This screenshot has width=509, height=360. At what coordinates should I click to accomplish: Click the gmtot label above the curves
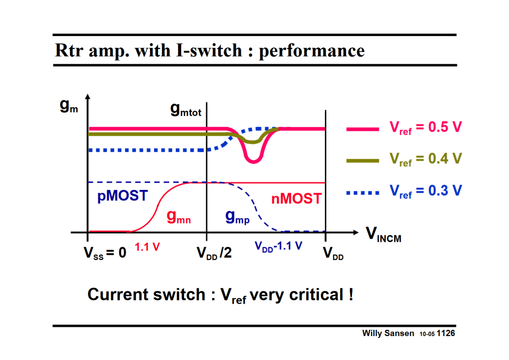tap(186, 110)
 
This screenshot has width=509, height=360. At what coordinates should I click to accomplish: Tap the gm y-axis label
tap(69, 107)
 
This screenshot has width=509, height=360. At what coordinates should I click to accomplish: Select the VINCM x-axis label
tap(383, 235)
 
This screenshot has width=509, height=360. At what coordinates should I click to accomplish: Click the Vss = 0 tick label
tap(105, 253)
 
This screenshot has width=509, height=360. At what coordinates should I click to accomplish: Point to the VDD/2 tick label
tap(214, 253)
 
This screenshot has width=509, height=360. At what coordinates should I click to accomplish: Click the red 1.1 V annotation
tap(147, 247)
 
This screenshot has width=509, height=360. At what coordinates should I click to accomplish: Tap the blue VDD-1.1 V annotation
tap(279, 246)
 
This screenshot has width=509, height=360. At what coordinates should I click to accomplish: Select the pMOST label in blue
tap(122, 196)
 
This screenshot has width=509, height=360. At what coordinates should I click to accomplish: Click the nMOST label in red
tap(296, 199)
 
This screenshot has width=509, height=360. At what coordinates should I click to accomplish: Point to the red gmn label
tap(179, 217)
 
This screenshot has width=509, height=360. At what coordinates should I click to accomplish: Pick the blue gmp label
tap(237, 217)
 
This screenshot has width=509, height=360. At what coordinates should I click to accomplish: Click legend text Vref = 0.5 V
tap(426, 128)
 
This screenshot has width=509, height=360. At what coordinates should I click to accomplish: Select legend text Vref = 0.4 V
tap(426, 159)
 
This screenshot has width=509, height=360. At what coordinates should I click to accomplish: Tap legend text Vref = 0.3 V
tap(426, 191)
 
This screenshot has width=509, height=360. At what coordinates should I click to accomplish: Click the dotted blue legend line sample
tap(363, 193)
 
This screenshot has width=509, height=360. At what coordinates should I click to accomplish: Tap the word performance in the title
tap(312, 51)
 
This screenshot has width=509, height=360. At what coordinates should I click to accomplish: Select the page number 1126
tap(446, 333)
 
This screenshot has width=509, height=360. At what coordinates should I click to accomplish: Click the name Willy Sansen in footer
tap(388, 333)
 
